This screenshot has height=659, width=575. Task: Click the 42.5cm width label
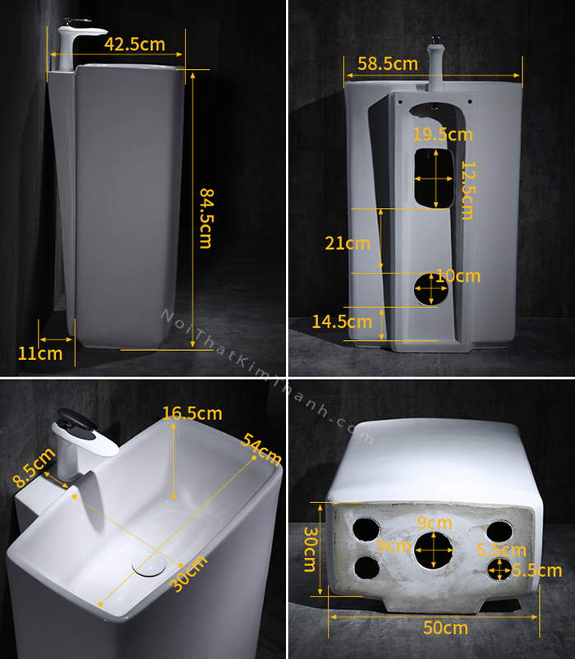pos(135,44)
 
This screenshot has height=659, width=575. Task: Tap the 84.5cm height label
pos(206,218)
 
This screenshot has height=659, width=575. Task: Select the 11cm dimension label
pos(40,353)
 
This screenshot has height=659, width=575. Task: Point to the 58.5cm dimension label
pos(388,63)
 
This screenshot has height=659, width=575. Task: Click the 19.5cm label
pos(442,135)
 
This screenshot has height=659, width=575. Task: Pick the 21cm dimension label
pos(347,243)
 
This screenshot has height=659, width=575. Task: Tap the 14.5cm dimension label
pos(342,322)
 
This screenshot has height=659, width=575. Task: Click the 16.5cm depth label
pos(192,413)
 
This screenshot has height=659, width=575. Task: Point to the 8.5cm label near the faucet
pos(34,468)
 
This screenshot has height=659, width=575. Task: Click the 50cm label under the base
pos(445,628)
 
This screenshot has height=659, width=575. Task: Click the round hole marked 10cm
pos(431,289)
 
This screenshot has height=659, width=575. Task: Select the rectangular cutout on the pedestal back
pos(434,178)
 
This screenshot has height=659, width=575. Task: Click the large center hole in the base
pos(434,551)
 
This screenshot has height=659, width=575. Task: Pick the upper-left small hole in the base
pos(366,529)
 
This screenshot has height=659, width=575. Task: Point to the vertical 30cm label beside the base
pos(310,550)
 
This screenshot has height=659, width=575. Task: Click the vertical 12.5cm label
pos(467,191)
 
